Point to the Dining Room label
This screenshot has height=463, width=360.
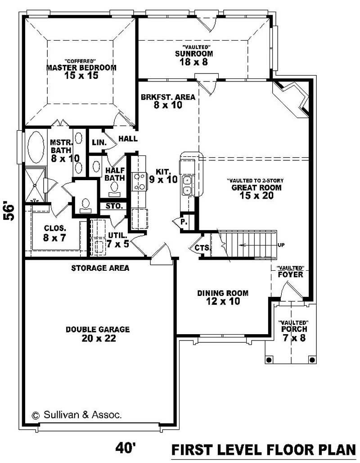(223, 297)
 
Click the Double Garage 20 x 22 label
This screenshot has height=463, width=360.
(98, 334)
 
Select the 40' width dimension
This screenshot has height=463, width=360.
(126, 448)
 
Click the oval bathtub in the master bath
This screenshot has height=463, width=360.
(34, 147)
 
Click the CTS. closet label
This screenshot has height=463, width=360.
(200, 248)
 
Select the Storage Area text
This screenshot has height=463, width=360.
(100, 268)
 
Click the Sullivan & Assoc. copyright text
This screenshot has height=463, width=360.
(76, 415)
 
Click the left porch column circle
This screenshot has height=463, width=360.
(270, 359)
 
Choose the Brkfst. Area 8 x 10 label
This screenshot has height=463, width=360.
(167, 101)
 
